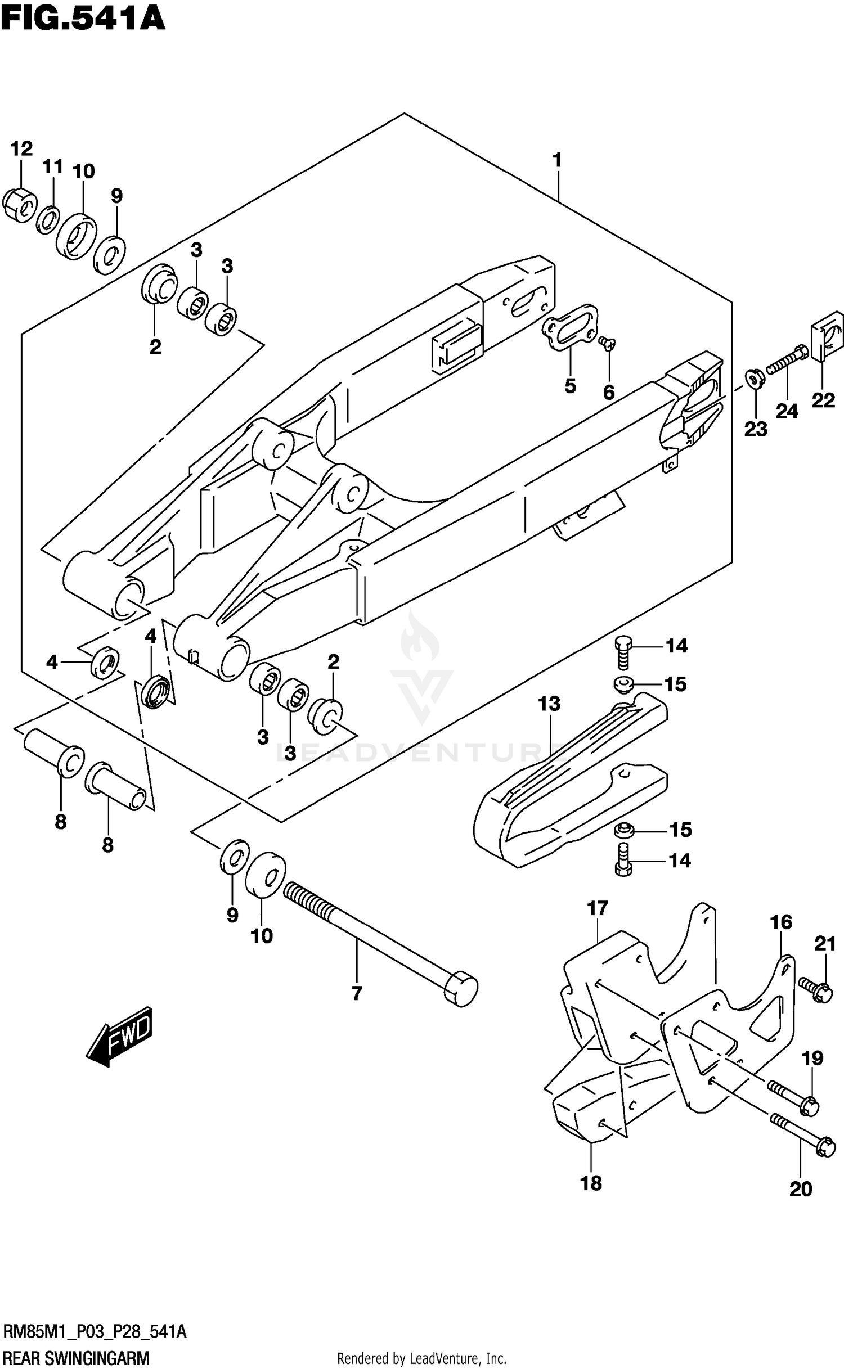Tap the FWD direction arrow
(x=120, y=1037)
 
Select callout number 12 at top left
(x=21, y=149)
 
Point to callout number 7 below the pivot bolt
(x=357, y=994)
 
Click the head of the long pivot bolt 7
(x=461, y=988)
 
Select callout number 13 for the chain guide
(x=549, y=703)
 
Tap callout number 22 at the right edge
(x=823, y=401)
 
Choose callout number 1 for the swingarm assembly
(x=557, y=160)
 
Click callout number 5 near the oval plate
(x=570, y=386)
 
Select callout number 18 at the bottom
(x=591, y=1183)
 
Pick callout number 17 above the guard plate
(x=598, y=908)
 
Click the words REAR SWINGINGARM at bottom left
(x=77, y=1358)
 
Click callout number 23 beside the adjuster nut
(x=756, y=429)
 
